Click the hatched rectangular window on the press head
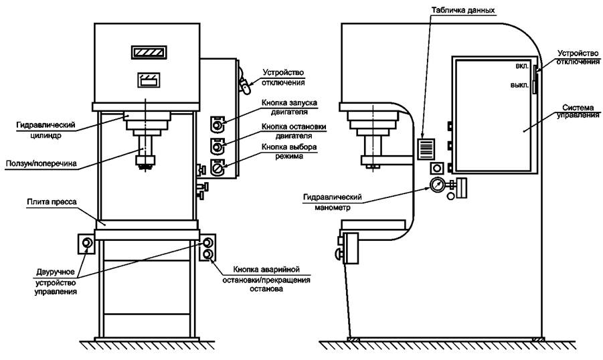(149, 52)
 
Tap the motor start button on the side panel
(217, 124)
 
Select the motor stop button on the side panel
(217, 146)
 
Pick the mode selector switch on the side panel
(217, 168)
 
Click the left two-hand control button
(87, 243)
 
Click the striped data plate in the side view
(427, 149)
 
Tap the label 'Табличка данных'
(463, 11)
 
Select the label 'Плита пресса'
(52, 202)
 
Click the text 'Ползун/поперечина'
(41, 164)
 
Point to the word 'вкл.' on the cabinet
(522, 66)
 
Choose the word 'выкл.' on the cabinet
(520, 85)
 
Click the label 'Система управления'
(578, 111)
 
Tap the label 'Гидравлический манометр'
(333, 202)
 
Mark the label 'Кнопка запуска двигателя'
(289, 107)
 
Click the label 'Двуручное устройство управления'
(56, 282)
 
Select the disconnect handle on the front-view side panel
(244, 82)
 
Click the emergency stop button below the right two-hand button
(207, 254)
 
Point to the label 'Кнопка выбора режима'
(289, 151)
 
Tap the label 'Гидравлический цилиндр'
(46, 130)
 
